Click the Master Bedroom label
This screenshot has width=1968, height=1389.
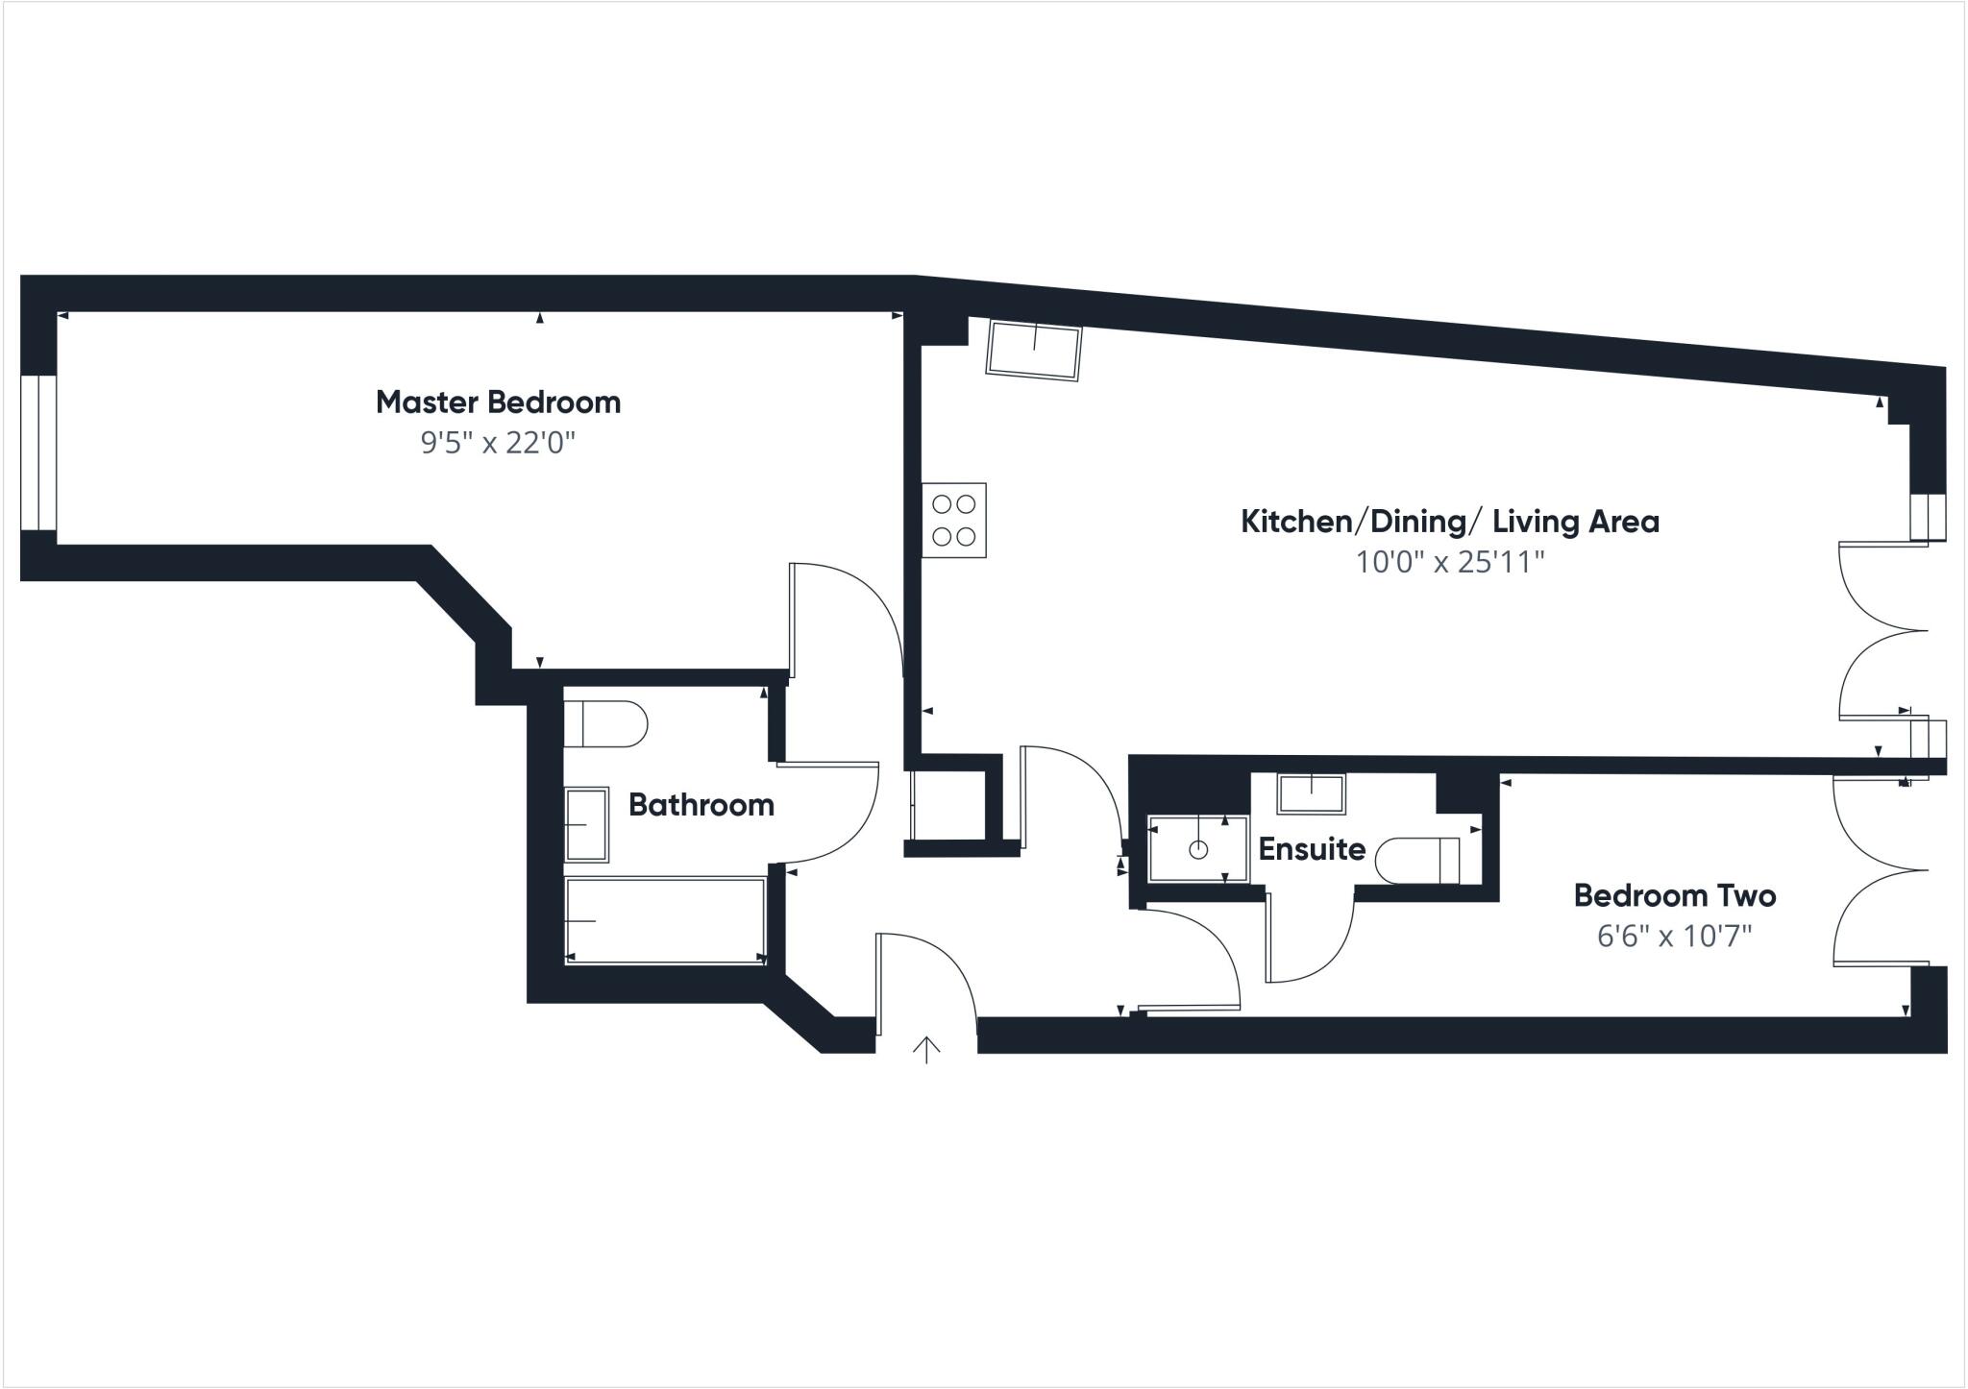pos(498,402)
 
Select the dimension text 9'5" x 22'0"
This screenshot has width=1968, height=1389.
pos(498,443)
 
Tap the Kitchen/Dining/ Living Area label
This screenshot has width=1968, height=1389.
pos(1449,522)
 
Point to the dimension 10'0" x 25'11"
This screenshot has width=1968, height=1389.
pos(1449,562)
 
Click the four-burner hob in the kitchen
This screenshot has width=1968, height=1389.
pos(954,520)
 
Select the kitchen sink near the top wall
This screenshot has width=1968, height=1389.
pos(1034,352)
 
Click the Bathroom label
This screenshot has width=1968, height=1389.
pos(701,805)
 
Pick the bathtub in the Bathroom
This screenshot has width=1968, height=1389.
pos(665,920)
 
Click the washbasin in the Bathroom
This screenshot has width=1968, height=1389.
pos(586,824)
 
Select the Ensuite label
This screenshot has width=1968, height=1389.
pos(1311,849)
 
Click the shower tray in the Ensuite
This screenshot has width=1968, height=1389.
pos(1197,849)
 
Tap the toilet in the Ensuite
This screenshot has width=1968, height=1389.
pos(1418,860)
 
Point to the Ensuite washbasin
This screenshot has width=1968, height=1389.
pos(1311,793)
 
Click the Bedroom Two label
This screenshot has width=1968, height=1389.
pos(1674,896)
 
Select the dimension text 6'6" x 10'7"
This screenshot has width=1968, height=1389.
pos(1674,936)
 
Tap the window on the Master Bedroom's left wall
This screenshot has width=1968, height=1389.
pos(38,451)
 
